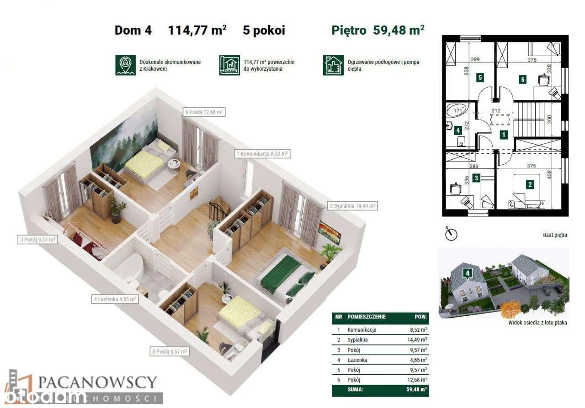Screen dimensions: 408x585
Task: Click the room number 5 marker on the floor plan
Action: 479,78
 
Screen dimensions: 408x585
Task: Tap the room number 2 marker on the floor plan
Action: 530,185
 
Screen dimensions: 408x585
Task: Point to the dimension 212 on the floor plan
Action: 496,110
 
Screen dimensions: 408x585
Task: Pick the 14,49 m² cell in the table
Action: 418,340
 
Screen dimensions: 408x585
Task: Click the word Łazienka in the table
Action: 357,360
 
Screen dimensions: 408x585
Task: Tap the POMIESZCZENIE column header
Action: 367,316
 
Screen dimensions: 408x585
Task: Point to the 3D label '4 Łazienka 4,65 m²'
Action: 115,299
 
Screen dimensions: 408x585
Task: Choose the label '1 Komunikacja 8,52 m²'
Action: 262,154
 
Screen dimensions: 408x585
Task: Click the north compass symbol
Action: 451,235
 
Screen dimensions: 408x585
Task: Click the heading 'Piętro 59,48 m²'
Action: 378,31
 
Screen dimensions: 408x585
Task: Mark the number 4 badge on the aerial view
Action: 467,274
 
